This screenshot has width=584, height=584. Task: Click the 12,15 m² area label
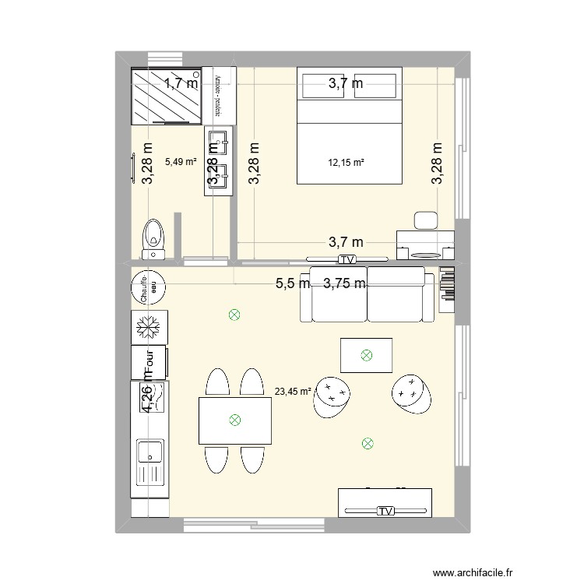coord(347,163)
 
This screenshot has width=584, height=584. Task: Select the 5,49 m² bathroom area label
coord(181,163)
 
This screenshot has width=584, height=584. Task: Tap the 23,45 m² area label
coord(293,392)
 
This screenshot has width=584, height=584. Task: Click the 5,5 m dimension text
coord(293,284)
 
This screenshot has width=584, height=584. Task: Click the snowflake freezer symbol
coord(147,328)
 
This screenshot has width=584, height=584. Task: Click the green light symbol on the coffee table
coord(366,356)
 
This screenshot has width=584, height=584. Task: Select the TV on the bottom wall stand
coord(385,511)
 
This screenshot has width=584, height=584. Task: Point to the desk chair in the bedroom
coord(426,220)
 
